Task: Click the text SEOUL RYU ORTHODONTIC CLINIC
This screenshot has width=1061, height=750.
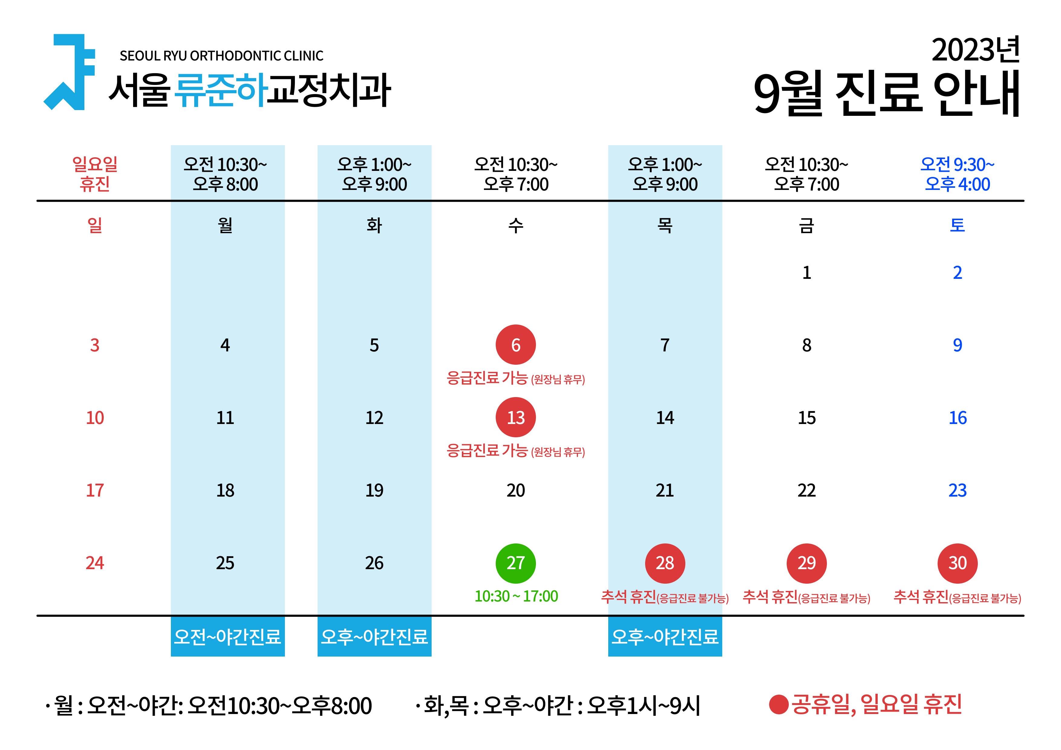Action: pyautogui.click(x=221, y=56)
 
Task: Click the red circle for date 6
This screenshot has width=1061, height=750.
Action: pyautogui.click(x=516, y=345)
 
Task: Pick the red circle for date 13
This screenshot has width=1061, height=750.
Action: pyautogui.click(x=516, y=417)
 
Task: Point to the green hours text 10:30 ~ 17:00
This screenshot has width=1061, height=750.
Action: pyautogui.click(x=516, y=596)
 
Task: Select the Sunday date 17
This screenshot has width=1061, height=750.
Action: pyautogui.click(x=95, y=490)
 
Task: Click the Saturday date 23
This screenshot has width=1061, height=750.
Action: pyautogui.click(x=958, y=490)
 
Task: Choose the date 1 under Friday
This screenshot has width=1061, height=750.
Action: pyautogui.click(x=807, y=273)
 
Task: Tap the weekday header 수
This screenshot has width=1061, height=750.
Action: pyautogui.click(x=516, y=226)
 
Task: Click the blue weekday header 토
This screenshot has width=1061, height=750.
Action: pyautogui.click(x=958, y=226)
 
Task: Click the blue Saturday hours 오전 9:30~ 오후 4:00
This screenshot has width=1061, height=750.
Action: pyautogui.click(x=958, y=174)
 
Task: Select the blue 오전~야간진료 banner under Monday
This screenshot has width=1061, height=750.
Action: pyautogui.click(x=228, y=636)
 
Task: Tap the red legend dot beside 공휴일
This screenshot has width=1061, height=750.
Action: pyautogui.click(x=779, y=705)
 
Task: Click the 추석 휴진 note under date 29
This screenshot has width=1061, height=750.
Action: pyautogui.click(x=806, y=597)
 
